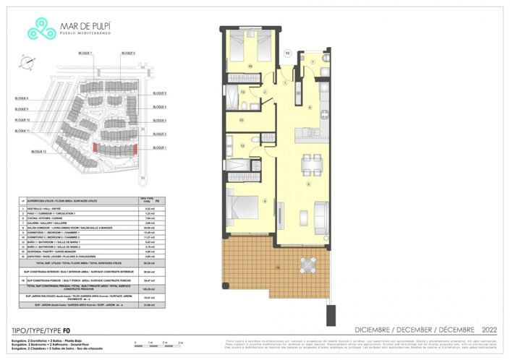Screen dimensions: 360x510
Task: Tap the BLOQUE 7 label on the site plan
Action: coord(85,54)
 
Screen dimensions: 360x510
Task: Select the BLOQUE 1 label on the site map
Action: coord(159,147)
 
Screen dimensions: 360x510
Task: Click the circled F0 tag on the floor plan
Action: coord(286,53)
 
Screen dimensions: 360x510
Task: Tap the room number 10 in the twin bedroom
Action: coord(250,66)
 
